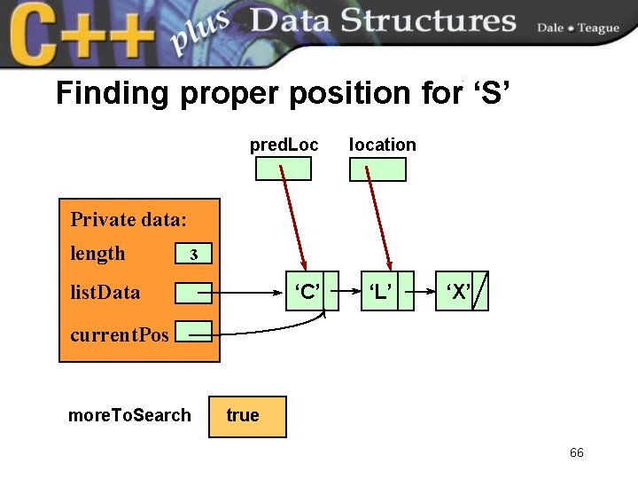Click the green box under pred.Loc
click(284, 169)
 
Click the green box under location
click(378, 169)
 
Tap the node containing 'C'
click(306, 292)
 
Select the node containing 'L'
click(381, 292)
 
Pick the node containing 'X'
click(456, 292)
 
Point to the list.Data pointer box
click(193, 293)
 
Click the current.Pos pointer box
click(193, 333)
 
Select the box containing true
click(247, 416)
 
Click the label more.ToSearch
click(129, 415)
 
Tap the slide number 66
click(577, 453)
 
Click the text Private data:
click(128, 219)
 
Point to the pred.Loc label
click(284, 145)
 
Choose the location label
click(382, 145)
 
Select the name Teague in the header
click(598, 27)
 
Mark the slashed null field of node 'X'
click(479, 292)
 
